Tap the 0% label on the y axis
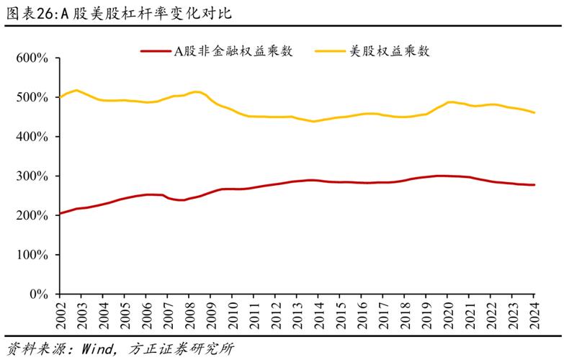tap(38, 294)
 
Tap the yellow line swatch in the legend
tap(331, 51)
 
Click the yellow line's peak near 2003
tap(76, 90)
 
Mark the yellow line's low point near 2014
tap(313, 121)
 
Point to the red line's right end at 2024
tap(534, 185)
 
